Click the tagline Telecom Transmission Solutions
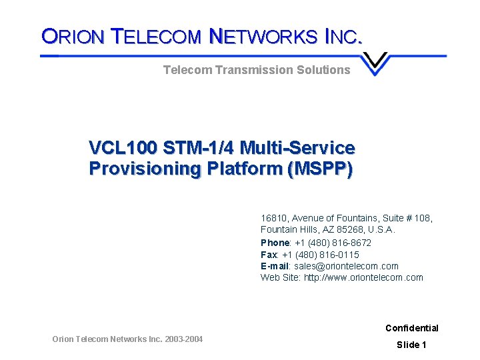tap(257, 69)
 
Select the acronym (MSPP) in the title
tap(319, 169)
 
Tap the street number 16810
tap(273, 218)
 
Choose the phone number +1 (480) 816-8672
tap(333, 243)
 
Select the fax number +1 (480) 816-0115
tap(320, 255)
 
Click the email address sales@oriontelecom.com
tap(346, 266)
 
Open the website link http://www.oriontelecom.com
tap(363, 278)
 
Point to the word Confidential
tap(411, 328)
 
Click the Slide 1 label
tap(411, 345)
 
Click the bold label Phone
tap(275, 243)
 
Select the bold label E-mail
tap(275, 266)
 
